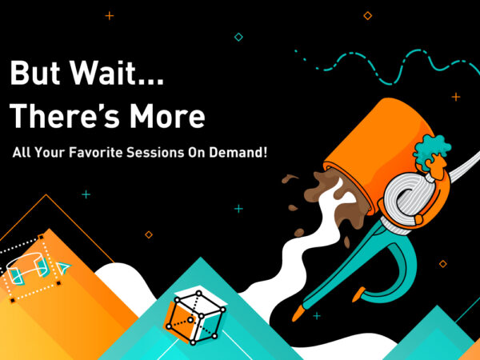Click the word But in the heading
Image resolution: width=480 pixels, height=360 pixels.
tap(35, 72)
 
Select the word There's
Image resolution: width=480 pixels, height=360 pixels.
tap(64, 115)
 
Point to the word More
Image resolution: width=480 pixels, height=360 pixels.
tap(167, 115)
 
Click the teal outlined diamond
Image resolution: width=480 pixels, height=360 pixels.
tap(238, 37)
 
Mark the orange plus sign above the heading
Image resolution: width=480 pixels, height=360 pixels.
tap(110, 16)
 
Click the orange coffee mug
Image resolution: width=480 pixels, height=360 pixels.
tap(379, 153)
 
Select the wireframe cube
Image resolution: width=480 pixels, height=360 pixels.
tap(196, 317)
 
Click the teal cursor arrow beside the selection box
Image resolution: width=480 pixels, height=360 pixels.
tap(63, 268)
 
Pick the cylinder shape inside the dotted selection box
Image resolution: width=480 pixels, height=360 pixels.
tap(26, 267)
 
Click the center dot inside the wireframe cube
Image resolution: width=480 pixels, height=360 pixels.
tap(190, 320)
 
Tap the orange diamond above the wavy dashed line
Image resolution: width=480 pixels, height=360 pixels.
tap(368, 15)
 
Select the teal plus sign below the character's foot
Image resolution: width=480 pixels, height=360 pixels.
tap(317, 316)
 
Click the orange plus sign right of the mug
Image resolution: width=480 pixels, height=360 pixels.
tap(456, 97)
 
